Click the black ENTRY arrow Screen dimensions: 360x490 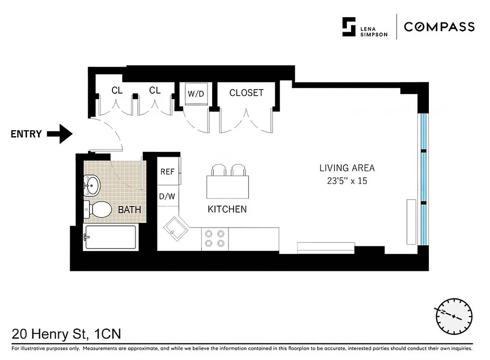click(60, 134)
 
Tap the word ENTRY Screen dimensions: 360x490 click(26, 134)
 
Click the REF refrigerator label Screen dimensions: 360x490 click(167, 171)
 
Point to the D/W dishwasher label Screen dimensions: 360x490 click(167, 196)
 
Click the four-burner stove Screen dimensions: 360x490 click(214, 238)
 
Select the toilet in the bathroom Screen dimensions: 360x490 click(99, 209)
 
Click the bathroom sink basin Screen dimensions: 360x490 click(93, 185)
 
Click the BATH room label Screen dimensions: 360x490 click(129, 210)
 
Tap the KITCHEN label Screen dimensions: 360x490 click(227, 209)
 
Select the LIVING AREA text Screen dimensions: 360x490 click(347, 168)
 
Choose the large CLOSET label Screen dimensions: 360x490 click(246, 93)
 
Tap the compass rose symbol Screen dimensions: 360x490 click(454, 315)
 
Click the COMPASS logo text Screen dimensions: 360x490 click(439, 27)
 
